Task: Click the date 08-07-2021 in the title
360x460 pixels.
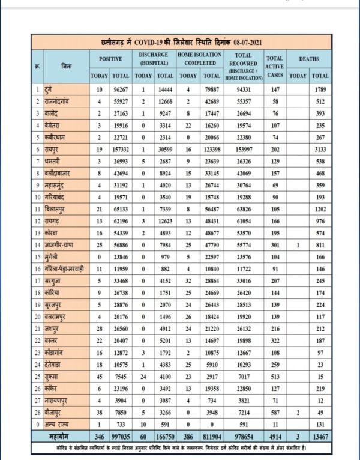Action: point(248,42)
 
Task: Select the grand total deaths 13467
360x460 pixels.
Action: point(320,433)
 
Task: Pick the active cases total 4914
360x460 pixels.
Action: point(275,433)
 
